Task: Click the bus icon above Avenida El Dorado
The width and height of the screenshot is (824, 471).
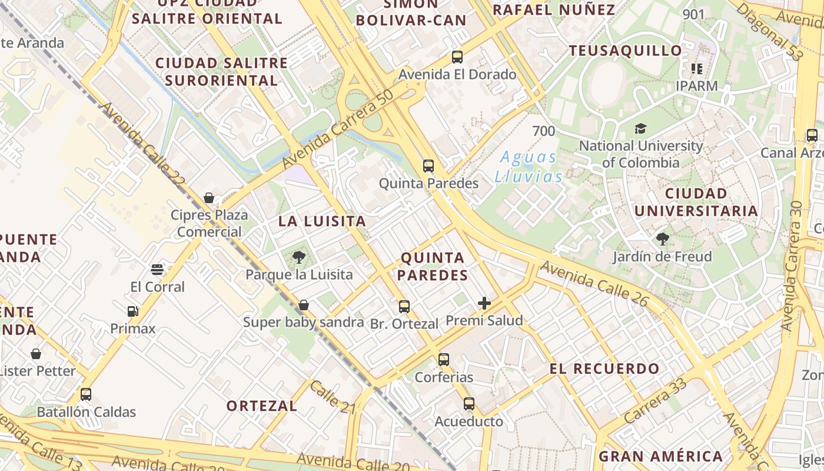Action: coord(457,57)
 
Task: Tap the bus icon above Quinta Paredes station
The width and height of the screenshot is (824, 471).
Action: coord(428,166)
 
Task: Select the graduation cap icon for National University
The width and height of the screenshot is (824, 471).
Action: coord(640,128)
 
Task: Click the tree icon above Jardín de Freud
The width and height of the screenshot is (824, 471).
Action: coord(663,239)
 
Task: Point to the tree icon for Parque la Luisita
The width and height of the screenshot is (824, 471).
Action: coord(298,257)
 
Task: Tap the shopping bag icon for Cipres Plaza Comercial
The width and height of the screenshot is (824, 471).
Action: coord(209,198)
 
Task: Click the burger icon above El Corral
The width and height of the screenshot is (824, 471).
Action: coord(157,270)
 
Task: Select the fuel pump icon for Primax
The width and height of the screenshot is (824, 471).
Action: coord(133,311)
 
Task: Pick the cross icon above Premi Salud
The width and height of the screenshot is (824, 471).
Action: coord(484,303)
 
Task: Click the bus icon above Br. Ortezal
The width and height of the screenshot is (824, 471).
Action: coord(404,306)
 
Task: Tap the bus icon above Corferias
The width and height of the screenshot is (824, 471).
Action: coord(444,359)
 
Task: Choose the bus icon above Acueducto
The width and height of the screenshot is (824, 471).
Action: coord(469,404)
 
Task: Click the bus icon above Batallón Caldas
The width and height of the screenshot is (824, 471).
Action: coord(86,394)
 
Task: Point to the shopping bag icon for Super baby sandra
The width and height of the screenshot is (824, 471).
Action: coord(304,305)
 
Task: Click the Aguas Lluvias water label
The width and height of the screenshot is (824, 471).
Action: coord(528,167)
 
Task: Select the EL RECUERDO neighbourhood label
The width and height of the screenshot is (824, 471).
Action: coord(604,369)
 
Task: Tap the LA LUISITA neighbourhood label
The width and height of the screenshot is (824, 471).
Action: coord(322,221)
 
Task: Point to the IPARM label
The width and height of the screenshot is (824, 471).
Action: coord(697,86)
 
